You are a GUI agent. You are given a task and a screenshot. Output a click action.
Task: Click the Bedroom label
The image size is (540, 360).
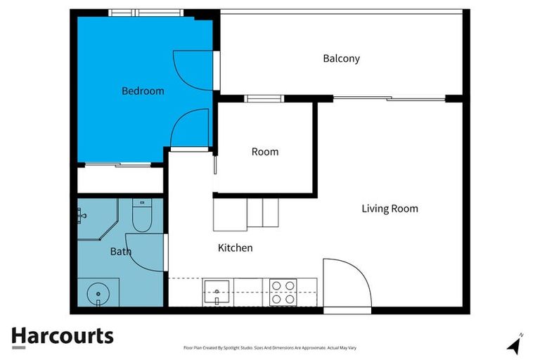[x=143, y=91]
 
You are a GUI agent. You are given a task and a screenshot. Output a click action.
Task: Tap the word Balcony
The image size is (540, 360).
[x=341, y=58]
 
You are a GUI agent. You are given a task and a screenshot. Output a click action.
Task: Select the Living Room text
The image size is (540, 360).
[x=390, y=208]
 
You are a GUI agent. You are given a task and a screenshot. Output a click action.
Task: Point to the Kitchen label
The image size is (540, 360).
[x=235, y=247]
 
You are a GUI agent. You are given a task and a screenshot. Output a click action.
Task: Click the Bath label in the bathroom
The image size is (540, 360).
[x=120, y=250]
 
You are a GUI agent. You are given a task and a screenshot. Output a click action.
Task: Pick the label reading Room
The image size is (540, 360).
[x=265, y=151]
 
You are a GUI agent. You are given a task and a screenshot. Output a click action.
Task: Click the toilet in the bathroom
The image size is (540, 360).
[x=142, y=217]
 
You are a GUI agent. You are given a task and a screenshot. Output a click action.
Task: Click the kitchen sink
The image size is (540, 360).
[x=218, y=290]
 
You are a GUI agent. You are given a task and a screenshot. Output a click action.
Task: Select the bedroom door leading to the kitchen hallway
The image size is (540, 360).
[x=191, y=129]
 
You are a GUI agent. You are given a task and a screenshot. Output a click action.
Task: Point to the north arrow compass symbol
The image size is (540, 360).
[x=515, y=344]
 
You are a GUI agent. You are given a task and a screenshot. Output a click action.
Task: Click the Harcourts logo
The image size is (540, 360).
[x=62, y=336]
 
